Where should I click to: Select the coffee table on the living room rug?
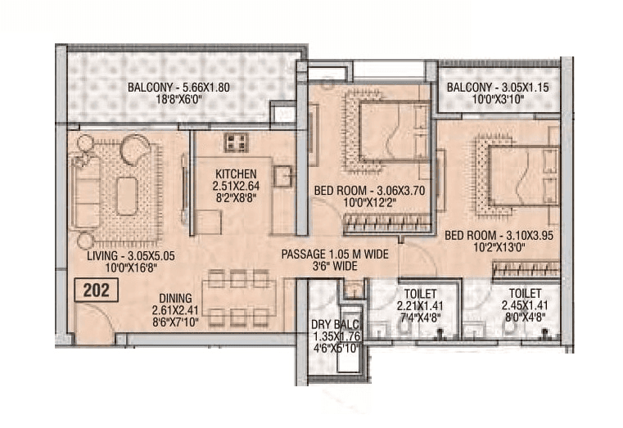(x=126, y=196)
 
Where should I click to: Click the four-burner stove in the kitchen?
(x=237, y=142)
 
